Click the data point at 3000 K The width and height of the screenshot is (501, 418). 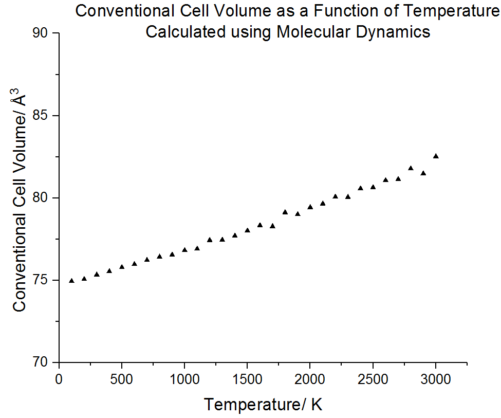pyautogui.click(x=436, y=156)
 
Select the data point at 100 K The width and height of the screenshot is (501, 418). pyautogui.click(x=71, y=280)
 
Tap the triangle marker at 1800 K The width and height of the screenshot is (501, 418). pyautogui.click(x=285, y=212)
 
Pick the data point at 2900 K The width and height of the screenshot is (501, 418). pyautogui.click(x=423, y=173)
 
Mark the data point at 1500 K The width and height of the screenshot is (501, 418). pyautogui.click(x=247, y=230)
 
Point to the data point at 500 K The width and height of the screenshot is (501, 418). pyautogui.click(x=122, y=267)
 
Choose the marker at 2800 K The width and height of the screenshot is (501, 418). pyautogui.click(x=411, y=168)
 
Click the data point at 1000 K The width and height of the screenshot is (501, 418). pyautogui.click(x=184, y=250)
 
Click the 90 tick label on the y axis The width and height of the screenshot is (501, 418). pyautogui.click(x=40, y=33)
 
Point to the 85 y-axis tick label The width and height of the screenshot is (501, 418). pyautogui.click(x=40, y=116)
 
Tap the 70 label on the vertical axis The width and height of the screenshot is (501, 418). pyautogui.click(x=40, y=362)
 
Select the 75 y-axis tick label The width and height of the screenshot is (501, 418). pyautogui.click(x=40, y=280)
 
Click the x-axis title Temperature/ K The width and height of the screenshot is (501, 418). pyautogui.click(x=263, y=404)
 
